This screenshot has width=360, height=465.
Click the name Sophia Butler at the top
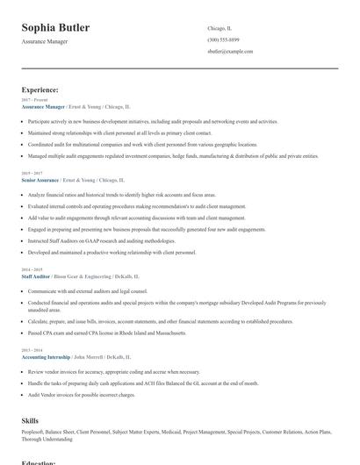click(55, 28)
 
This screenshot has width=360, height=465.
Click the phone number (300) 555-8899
click(225, 39)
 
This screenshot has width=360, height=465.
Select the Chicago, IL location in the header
click(220, 28)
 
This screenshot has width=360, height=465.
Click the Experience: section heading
click(40, 89)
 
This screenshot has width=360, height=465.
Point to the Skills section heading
click(30, 421)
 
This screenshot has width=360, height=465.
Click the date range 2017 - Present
click(35, 100)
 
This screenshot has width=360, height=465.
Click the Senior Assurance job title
click(40, 179)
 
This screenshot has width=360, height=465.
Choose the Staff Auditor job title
click(36, 275)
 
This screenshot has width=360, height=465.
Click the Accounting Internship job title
click(46, 357)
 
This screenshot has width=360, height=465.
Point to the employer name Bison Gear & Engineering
click(76, 275)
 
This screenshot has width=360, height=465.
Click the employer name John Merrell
click(88, 357)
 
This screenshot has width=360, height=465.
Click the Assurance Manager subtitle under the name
click(47, 41)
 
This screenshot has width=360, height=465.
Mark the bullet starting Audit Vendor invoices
click(82, 395)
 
